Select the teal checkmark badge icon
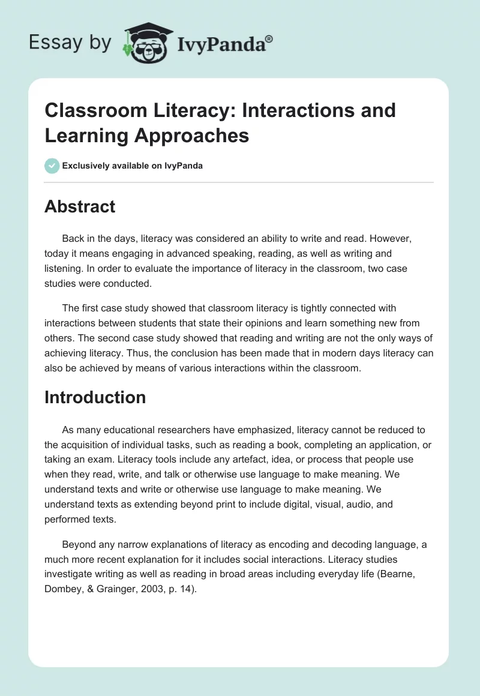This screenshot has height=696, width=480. [x=52, y=166]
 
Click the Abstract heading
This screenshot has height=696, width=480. [x=80, y=206]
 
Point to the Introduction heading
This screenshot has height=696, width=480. [x=95, y=397]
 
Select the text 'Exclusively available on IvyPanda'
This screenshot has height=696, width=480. [x=133, y=166]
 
